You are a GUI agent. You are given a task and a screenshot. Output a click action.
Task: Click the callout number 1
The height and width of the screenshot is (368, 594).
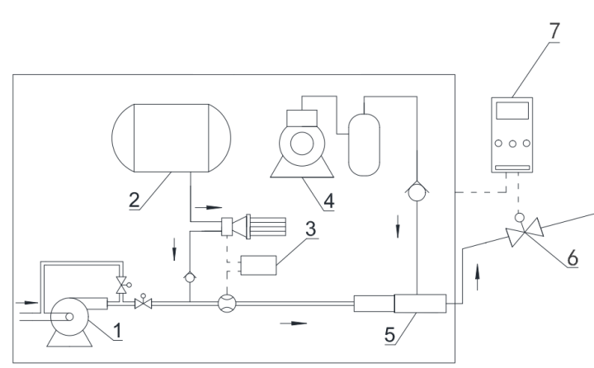point(117,333)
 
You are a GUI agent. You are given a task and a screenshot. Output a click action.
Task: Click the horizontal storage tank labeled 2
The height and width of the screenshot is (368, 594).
point(172,138)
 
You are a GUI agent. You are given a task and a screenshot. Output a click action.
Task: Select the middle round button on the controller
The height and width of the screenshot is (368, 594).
point(513,143)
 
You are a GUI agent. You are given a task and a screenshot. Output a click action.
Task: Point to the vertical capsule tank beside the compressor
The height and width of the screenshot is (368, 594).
point(364,144)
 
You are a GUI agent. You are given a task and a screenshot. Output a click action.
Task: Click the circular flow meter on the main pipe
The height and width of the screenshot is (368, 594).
point(225,304)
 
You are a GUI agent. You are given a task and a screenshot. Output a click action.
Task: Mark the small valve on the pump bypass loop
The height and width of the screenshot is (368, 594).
point(122,285)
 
